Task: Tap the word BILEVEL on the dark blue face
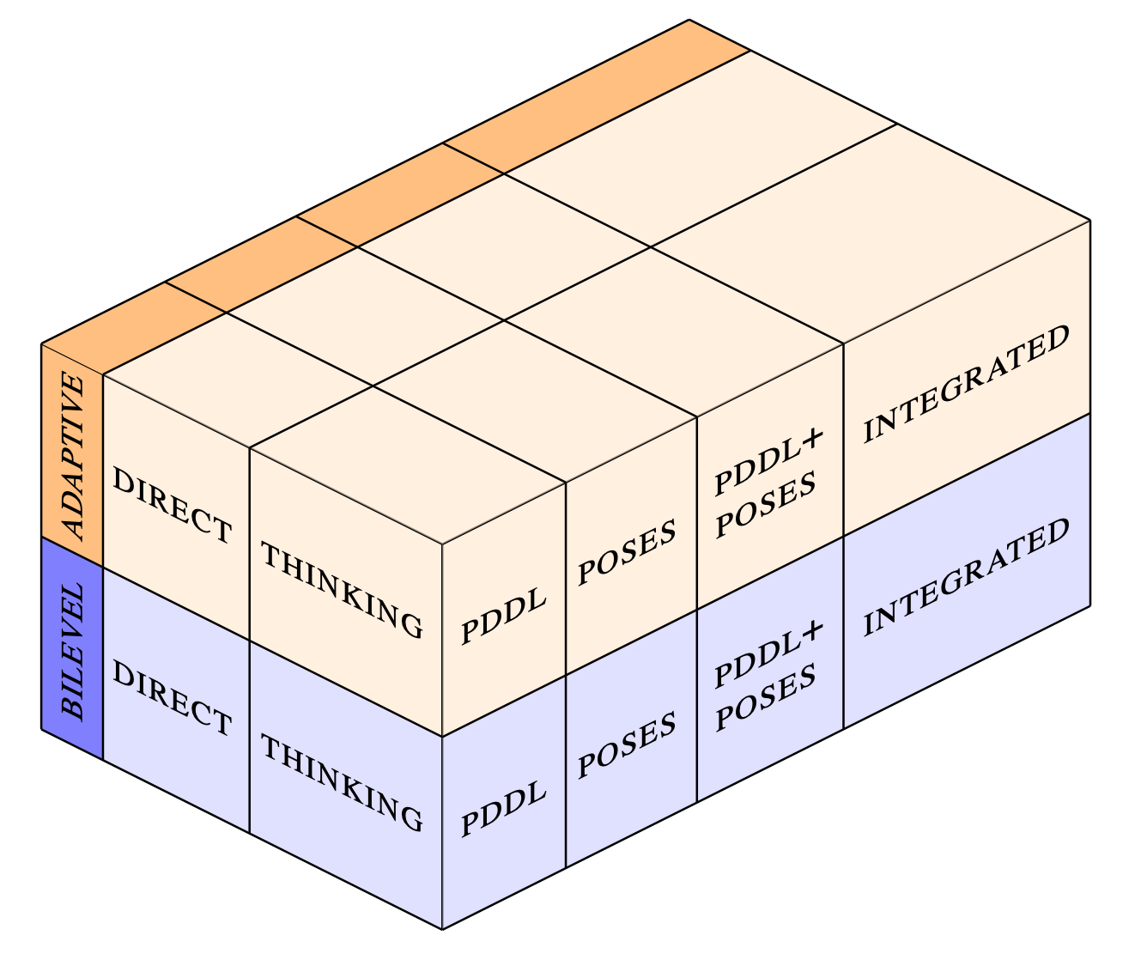[73, 651]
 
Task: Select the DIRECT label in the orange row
[173, 507]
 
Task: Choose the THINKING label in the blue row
[342, 783]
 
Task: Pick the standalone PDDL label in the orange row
[504, 617]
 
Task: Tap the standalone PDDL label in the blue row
[504, 810]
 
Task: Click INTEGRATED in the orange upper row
[967, 384]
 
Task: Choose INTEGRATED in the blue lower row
[967, 577]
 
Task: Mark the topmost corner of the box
[689, 20]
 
